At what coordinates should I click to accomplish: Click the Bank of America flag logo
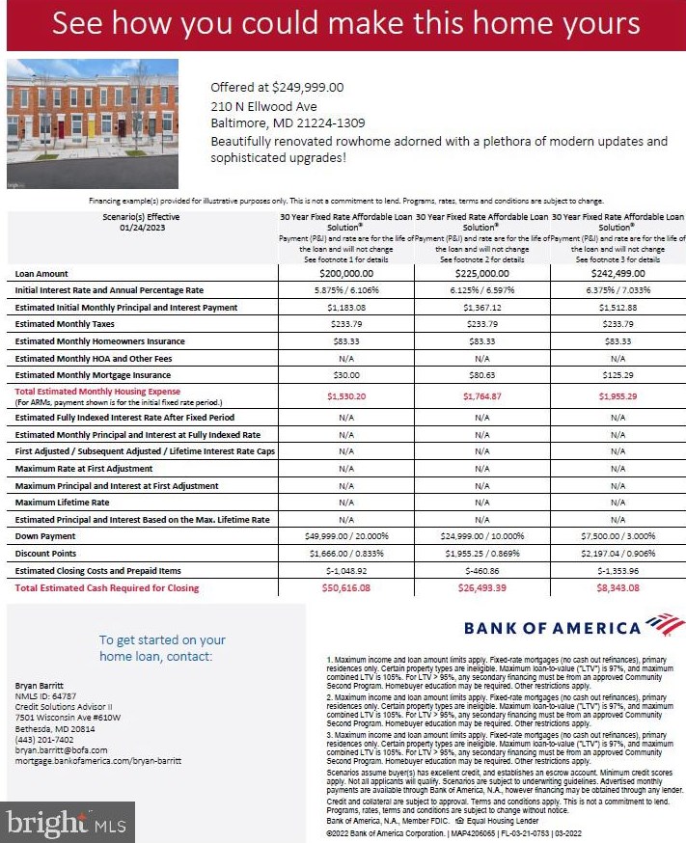(665, 624)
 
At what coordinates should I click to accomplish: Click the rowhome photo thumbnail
(93, 122)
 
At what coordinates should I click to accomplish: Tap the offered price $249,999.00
(277, 87)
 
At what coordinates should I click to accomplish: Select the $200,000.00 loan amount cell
(345, 274)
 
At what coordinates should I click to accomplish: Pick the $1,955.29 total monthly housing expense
(617, 395)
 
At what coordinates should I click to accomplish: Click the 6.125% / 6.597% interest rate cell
(481, 290)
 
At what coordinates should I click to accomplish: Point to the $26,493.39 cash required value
(481, 587)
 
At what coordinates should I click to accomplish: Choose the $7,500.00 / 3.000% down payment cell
(617, 536)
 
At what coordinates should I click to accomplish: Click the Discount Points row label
(45, 554)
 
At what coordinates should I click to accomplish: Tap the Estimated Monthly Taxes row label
(65, 324)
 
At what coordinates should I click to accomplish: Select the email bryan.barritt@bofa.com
(61, 749)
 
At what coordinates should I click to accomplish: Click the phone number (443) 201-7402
(43, 739)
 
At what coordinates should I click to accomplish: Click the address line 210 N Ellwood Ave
(263, 105)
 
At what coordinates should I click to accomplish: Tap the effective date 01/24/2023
(143, 228)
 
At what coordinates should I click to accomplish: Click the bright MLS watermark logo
(66, 823)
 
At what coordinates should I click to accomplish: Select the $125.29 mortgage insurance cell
(617, 375)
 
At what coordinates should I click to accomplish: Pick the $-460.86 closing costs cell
(481, 571)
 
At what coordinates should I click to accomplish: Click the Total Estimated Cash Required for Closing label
(107, 587)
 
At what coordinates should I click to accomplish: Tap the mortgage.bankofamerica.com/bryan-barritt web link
(97, 760)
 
